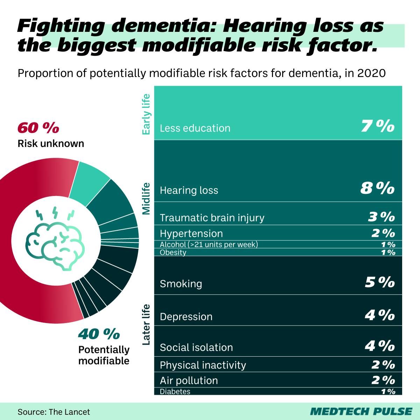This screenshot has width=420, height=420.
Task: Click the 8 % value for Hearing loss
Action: point(377,189)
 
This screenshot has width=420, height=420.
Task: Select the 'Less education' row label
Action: point(195,128)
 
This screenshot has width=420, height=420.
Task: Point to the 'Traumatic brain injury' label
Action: point(212,218)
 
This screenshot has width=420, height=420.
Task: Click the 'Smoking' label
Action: point(181,283)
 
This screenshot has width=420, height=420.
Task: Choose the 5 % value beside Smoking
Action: point(379,282)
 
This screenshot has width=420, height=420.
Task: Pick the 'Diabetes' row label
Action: point(175,391)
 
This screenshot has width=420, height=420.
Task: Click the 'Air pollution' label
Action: point(189,380)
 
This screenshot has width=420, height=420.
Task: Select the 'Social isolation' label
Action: point(196,348)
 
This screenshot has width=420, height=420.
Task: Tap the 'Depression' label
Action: point(186,317)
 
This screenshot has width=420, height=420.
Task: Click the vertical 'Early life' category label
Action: point(146,114)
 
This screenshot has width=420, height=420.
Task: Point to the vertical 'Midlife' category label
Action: point(146,198)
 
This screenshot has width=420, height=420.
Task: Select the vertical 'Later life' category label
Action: point(146,324)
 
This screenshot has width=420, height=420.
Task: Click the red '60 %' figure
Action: point(38,128)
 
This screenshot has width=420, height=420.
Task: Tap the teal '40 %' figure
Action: point(99,334)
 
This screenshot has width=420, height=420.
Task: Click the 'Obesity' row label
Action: point(173,252)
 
